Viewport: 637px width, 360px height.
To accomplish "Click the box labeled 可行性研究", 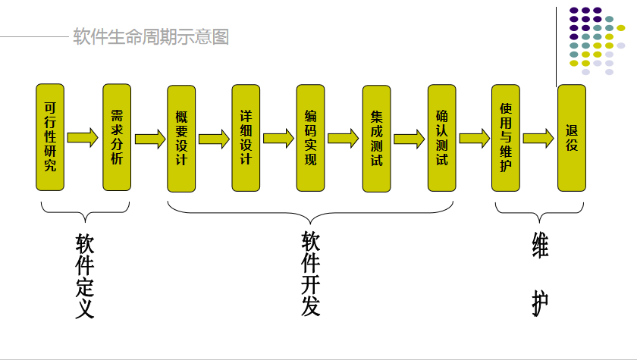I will tap(50, 137).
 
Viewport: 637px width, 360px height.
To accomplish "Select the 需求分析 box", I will tap(117, 137).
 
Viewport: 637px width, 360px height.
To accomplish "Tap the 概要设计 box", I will tap(181, 137).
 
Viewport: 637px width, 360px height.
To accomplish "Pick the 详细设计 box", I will tap(246, 137).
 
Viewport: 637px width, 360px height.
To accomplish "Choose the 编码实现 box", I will tap(311, 137).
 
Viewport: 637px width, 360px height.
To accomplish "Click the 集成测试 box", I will tap(376, 137).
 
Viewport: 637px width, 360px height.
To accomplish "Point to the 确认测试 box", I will tap(441, 137).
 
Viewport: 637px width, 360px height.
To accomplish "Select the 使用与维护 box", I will tap(506, 137).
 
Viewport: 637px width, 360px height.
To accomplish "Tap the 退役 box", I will tap(572, 137).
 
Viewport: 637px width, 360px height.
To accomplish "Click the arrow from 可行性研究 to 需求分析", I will tap(83, 138).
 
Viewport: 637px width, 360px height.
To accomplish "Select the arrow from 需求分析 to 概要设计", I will tap(149, 139).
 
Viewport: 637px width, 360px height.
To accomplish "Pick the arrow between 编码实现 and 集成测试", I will tap(343, 138).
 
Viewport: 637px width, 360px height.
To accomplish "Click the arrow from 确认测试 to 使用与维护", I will tap(474, 138).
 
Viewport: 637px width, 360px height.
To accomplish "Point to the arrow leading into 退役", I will tap(538, 138).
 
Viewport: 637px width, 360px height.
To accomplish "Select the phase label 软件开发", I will tap(311, 274).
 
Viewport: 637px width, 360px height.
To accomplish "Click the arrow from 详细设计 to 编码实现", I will tap(278, 138).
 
